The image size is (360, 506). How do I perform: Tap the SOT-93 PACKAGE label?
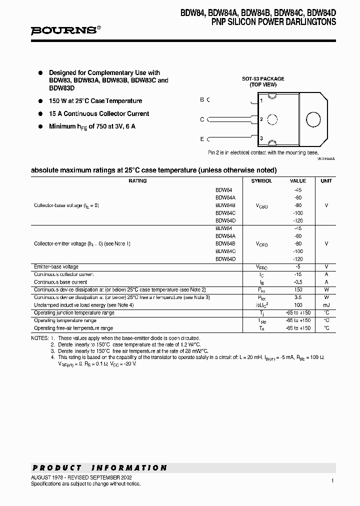263,78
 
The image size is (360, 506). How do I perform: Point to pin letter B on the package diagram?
202,99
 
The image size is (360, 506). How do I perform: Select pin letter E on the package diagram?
202,138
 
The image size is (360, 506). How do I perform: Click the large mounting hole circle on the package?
312,119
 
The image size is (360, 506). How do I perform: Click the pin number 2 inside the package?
261,119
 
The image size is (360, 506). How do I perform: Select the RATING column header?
137,181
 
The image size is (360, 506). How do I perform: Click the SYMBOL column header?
261,181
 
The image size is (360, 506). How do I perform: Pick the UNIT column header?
326,181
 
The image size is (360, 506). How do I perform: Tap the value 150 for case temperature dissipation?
298,290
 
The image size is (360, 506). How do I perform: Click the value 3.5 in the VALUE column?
298,297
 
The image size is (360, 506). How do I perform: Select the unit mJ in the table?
326,305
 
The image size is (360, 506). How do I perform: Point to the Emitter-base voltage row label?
56,267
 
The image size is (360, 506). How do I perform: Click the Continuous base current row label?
60,282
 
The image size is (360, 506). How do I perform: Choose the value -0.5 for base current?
298,282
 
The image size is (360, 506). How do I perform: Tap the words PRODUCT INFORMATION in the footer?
99,468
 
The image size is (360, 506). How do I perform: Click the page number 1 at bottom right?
332,480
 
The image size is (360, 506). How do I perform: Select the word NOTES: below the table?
39,338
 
